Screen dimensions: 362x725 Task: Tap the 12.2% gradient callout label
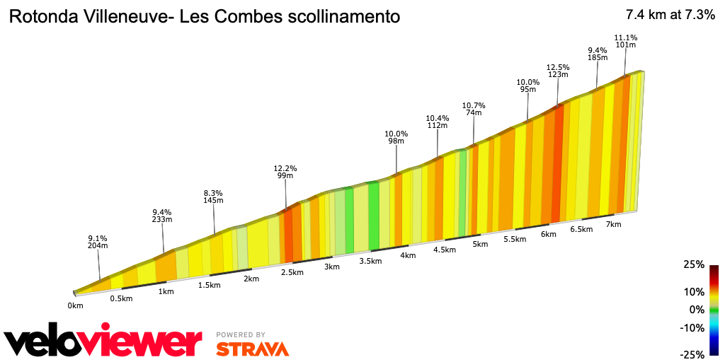(285, 168)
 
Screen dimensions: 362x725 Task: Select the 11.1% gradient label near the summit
(626, 37)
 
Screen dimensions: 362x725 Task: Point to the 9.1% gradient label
(98, 238)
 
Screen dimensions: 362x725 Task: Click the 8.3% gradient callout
(213, 192)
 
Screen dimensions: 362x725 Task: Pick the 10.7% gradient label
(474, 105)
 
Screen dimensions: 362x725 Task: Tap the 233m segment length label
(162, 220)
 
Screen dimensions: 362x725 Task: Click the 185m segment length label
(598, 57)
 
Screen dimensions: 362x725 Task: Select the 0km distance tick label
(76, 305)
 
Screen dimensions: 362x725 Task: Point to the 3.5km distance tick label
(370, 261)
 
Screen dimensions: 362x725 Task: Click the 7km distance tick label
(613, 224)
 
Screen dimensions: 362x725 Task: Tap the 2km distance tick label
(251, 279)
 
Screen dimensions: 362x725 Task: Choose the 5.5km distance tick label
(515, 240)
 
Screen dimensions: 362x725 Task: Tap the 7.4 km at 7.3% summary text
(670, 15)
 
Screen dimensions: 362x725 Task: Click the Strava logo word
(252, 348)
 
